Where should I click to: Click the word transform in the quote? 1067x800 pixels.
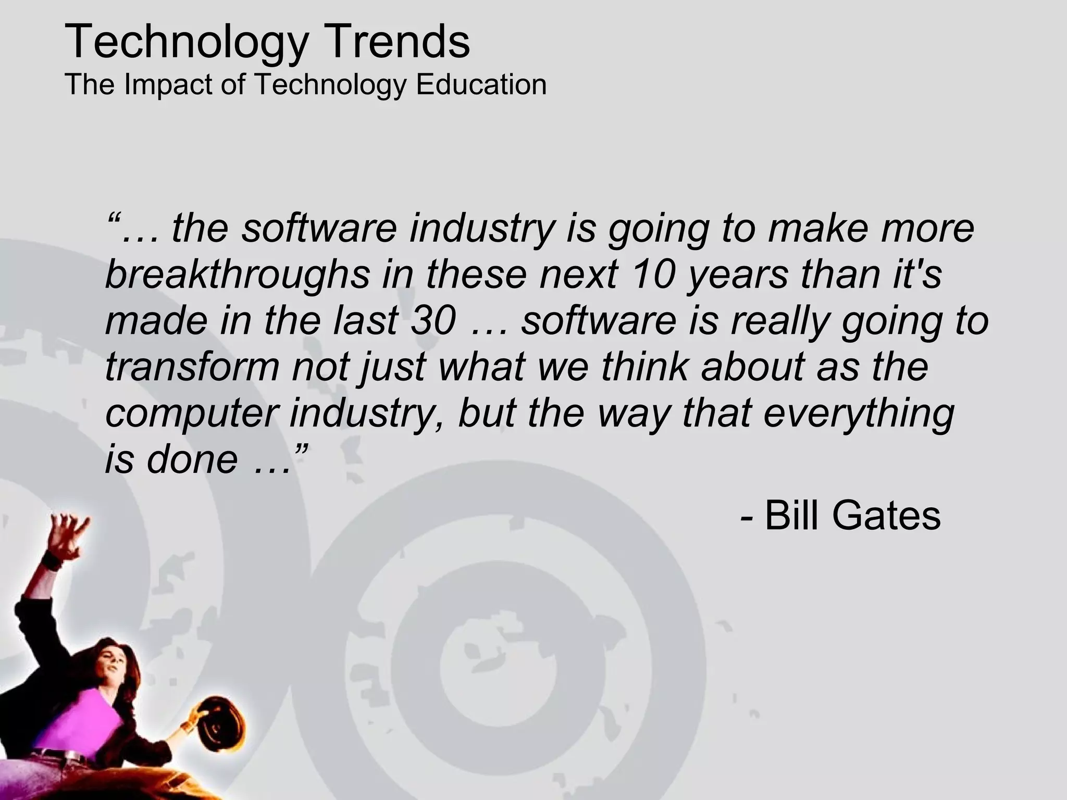pos(192,367)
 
